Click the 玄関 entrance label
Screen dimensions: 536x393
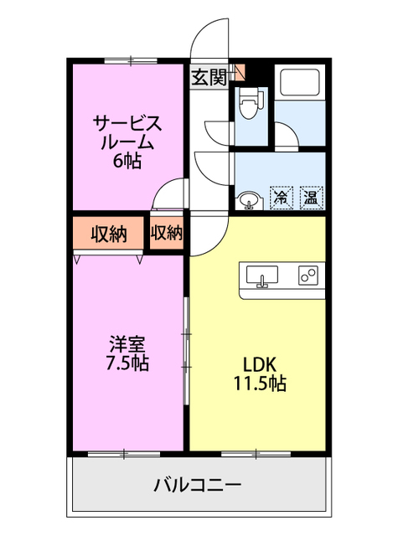pyautogui.click(x=209, y=77)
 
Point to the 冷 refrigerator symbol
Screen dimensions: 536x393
pyautogui.click(x=282, y=198)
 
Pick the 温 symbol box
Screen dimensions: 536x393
pyautogui.click(x=311, y=198)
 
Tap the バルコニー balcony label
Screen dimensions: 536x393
pyautogui.click(x=198, y=484)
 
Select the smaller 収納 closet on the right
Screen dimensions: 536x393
pyautogui.click(x=167, y=233)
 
